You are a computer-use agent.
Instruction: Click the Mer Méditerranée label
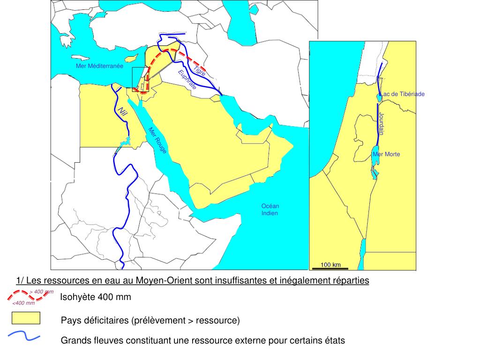[99, 66]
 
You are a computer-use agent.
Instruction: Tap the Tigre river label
[200, 71]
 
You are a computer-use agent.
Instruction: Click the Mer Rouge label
[157, 140]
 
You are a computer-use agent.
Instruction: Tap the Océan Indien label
[270, 210]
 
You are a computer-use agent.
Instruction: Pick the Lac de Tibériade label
[403, 94]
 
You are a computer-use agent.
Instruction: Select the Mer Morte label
[387, 154]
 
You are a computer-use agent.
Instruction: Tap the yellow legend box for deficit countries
[26, 318]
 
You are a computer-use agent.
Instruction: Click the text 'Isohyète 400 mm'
[96, 297]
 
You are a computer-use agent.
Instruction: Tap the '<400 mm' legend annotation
[24, 303]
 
